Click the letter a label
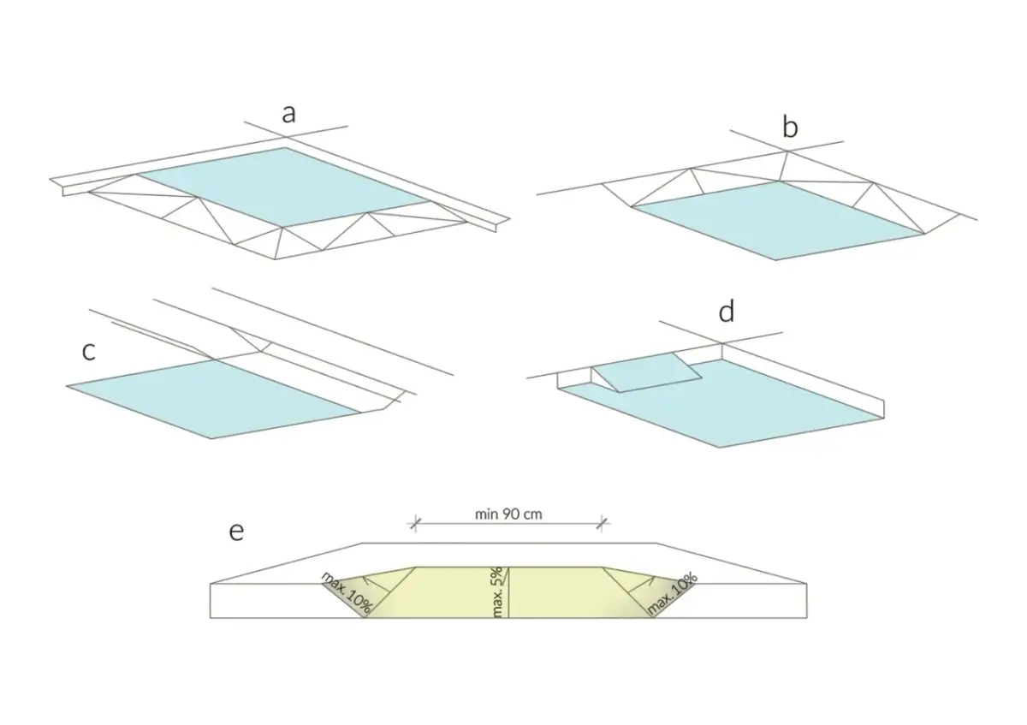pyautogui.click(x=288, y=114)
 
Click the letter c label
pyautogui.click(x=88, y=351)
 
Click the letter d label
pyautogui.click(x=727, y=312)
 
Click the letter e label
pyautogui.click(x=236, y=532)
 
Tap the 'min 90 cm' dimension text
pyautogui.click(x=508, y=514)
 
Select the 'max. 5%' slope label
pyautogui.click(x=498, y=592)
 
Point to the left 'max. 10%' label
pyautogui.click(x=347, y=592)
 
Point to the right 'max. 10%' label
pyautogui.click(x=673, y=593)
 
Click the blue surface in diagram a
pyautogui.click(x=283, y=187)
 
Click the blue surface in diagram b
pyautogui.click(x=778, y=221)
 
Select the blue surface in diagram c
pyautogui.click(x=213, y=399)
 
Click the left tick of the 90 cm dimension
pyautogui.click(x=415, y=524)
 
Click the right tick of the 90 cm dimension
pyautogui.click(x=602, y=524)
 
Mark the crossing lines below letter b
pyautogui.click(x=787, y=151)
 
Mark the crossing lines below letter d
pyautogui.click(x=721, y=343)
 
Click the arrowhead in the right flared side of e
pyautogui.click(x=651, y=579)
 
